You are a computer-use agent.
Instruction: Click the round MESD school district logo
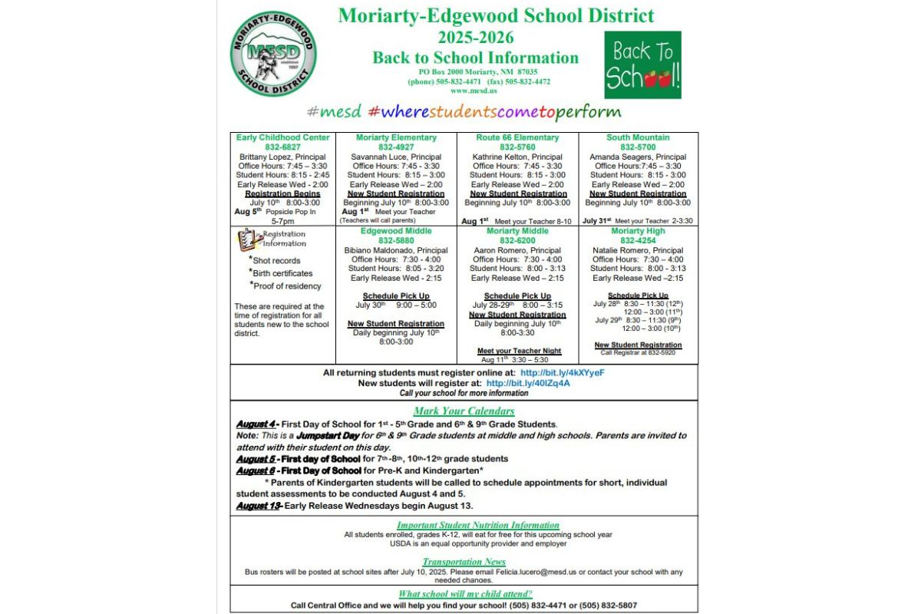tap(272, 54)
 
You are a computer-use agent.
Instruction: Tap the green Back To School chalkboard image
tap(642, 65)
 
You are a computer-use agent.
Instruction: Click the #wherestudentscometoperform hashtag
tap(495, 111)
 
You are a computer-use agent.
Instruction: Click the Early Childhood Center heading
tap(283, 138)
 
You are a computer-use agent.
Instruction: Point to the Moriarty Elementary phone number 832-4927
tap(395, 147)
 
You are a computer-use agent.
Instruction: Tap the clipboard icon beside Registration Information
tap(247, 239)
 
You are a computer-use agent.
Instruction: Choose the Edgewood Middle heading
tap(396, 231)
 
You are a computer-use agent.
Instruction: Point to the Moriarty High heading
tap(638, 231)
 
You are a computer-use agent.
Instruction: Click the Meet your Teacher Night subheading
tap(519, 351)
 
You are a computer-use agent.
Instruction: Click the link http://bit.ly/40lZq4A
tap(528, 383)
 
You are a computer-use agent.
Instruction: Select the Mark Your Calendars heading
tap(464, 411)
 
